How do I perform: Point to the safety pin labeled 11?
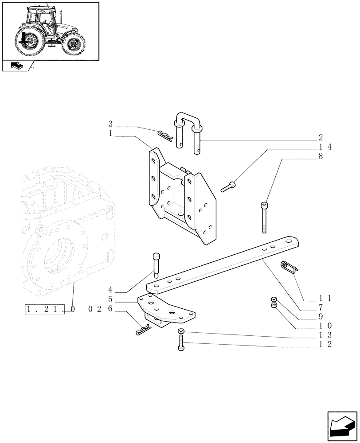pos(289,267)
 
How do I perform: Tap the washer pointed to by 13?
pos(181,332)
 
